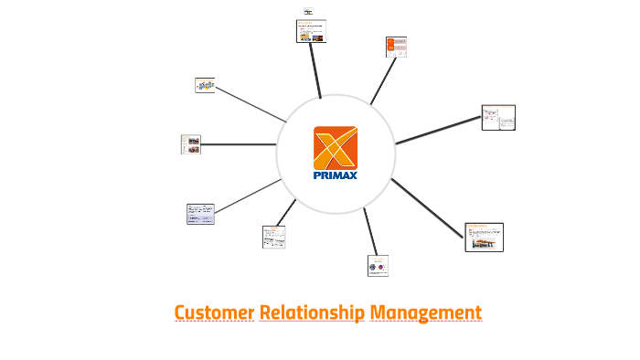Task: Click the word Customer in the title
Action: coord(214,313)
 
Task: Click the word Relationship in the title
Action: coord(312,313)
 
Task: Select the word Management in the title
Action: coord(425,313)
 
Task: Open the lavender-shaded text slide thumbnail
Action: coord(200,214)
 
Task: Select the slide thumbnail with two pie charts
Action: coord(378,265)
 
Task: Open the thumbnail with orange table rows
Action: coord(396,48)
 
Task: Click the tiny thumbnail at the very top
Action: coord(308,11)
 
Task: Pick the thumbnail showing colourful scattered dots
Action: coord(205,86)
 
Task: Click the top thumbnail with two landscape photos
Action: coord(311,32)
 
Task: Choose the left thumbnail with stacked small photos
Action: coord(191,144)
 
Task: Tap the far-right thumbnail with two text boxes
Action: coord(498,118)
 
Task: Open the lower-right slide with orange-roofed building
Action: coord(485,237)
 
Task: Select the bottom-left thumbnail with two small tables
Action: coord(273,237)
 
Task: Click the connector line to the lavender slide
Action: coord(247,196)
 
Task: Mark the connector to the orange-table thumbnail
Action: coord(380,81)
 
